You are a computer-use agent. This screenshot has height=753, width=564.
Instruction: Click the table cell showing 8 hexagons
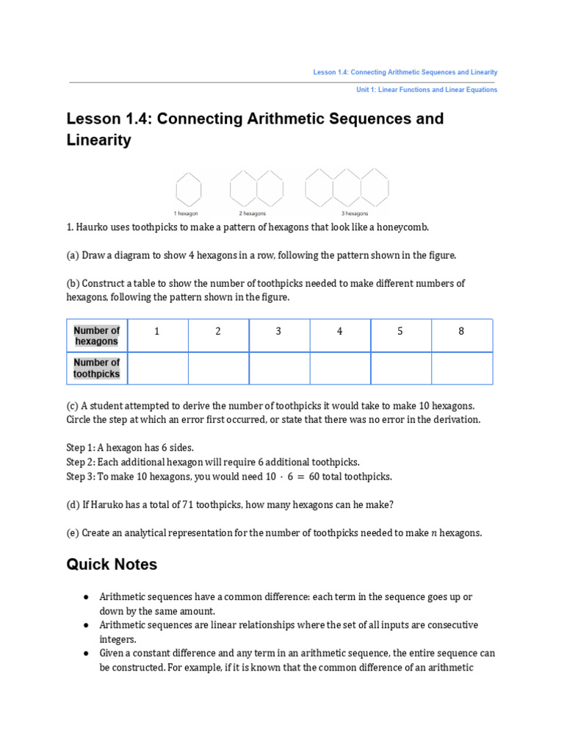pos(461,332)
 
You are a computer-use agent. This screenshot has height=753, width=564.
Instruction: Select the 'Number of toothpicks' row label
pos(96,368)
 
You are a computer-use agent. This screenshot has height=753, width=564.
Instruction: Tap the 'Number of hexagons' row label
pos(96,336)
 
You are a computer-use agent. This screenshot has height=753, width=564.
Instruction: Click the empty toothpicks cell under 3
pos(279,368)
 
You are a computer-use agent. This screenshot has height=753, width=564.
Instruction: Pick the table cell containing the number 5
pos(400,332)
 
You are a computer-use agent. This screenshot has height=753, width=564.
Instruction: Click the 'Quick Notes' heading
pos(112,564)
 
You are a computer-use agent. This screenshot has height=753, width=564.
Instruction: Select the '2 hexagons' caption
pos(252,214)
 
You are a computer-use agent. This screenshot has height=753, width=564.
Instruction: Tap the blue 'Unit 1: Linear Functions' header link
pos(426,90)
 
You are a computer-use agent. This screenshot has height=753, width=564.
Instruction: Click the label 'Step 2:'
pos(83,462)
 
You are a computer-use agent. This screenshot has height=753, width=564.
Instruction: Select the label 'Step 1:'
pos(83,447)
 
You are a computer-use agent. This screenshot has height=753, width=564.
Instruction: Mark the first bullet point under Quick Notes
pos(87,596)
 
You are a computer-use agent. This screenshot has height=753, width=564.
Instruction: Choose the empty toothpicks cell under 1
pos(157,368)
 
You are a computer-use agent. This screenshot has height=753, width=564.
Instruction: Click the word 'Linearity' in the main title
pos(99,140)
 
